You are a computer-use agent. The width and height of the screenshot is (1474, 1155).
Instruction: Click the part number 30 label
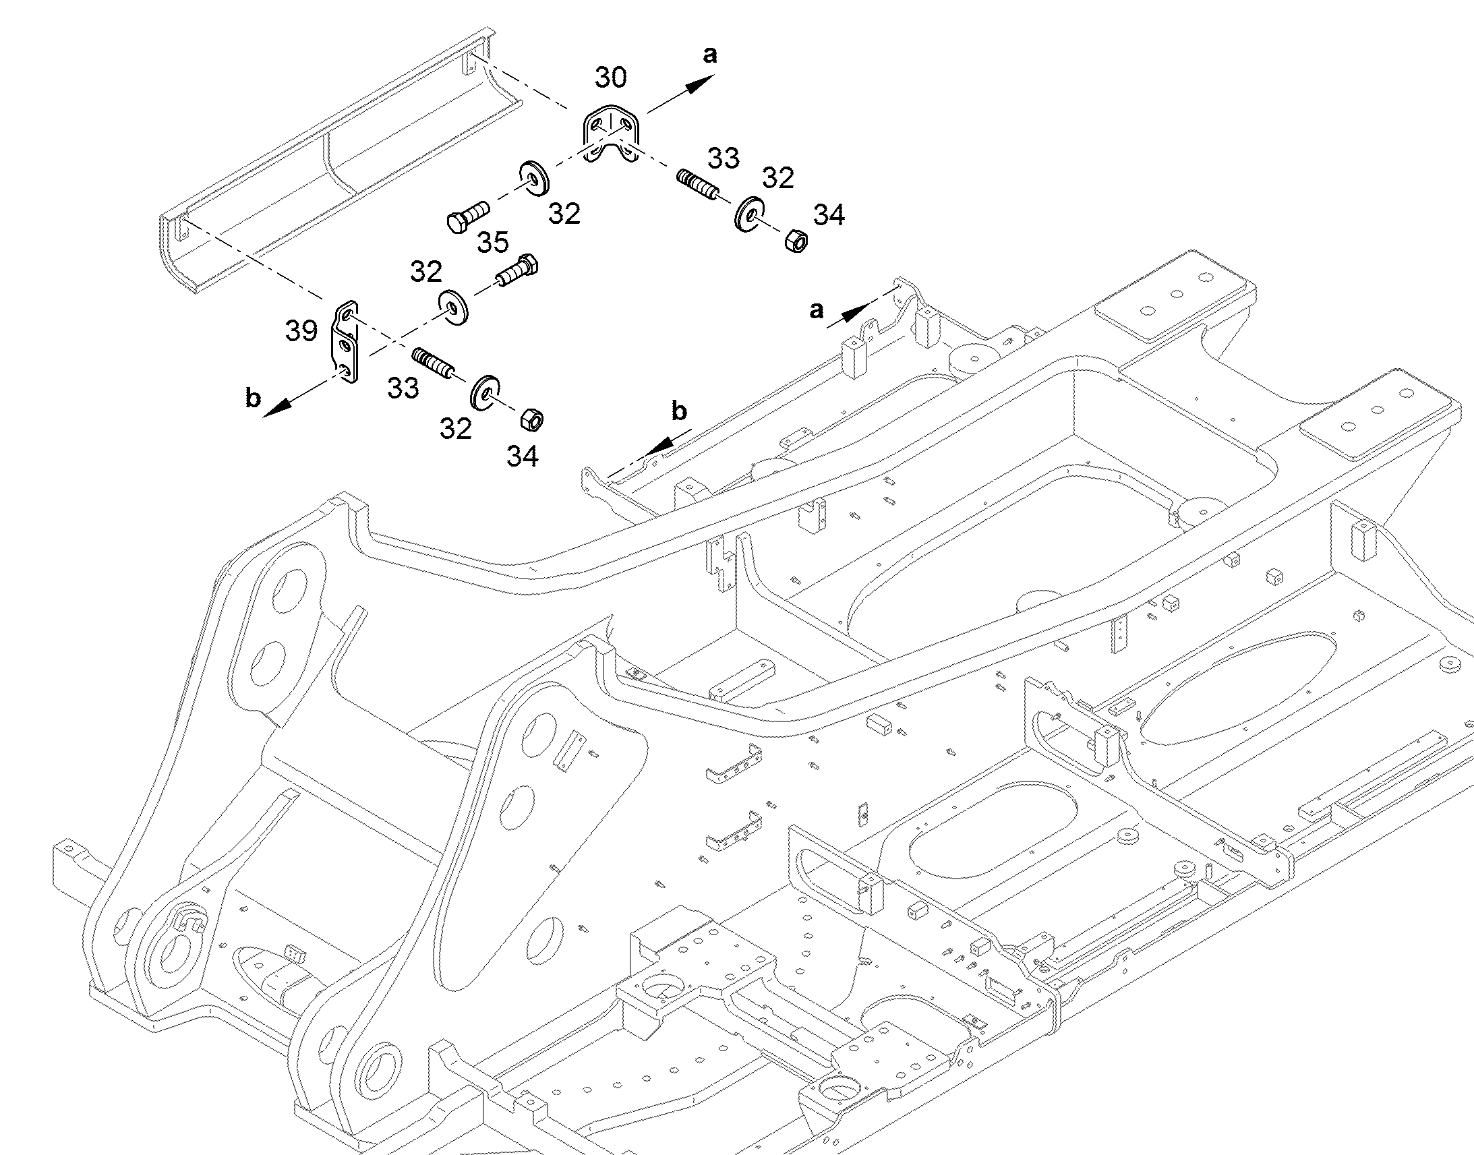[610, 78]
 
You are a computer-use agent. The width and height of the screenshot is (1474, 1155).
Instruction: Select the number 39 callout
[301, 330]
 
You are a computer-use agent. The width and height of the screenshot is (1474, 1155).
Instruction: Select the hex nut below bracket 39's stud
[533, 419]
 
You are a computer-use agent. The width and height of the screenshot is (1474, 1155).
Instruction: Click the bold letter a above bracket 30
[709, 55]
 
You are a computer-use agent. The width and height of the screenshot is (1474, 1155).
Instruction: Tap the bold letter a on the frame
[817, 310]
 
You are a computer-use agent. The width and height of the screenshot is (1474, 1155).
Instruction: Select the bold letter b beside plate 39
[253, 398]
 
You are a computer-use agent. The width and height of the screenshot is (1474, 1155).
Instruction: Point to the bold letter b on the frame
[679, 411]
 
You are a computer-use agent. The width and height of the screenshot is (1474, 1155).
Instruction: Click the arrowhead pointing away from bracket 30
[701, 84]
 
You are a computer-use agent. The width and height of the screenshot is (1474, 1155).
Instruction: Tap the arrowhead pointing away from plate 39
[277, 407]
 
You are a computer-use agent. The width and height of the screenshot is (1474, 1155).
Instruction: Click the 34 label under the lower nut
[523, 456]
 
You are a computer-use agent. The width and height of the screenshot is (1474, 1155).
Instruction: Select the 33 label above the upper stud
[724, 158]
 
